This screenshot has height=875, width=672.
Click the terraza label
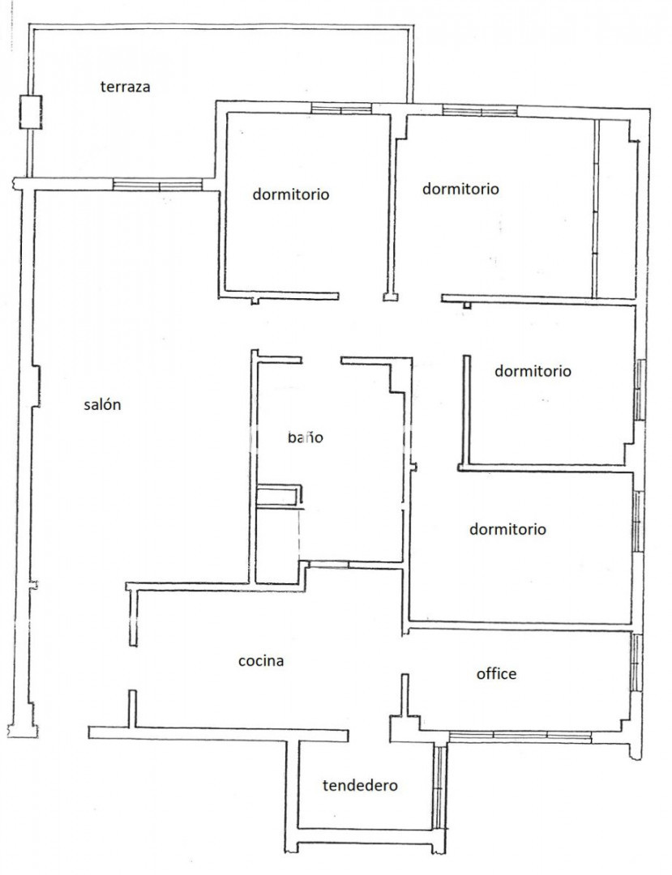coord(125,87)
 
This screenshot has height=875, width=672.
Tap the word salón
coord(102,404)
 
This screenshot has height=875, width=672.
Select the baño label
coord(306,437)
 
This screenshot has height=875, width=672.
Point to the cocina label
coord(261,661)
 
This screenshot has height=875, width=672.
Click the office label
coord(496,673)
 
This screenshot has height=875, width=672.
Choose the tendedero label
coord(360,786)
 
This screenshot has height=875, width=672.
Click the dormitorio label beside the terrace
coord(291,194)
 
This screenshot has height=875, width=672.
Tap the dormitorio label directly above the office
coord(507,529)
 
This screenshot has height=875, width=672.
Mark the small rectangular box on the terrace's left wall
coord(31,112)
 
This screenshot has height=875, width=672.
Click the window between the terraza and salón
coord(157,185)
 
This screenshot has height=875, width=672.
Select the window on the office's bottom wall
coord(520,736)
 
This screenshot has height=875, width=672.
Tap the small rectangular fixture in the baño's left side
coord(279,496)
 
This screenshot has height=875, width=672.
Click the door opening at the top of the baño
coord(322,361)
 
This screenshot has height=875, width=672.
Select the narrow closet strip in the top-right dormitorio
coord(595,207)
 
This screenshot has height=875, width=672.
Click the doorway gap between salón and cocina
coord(133,668)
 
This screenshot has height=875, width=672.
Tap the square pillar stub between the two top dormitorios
coord(391,297)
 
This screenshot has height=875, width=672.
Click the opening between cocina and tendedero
coord(369,734)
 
